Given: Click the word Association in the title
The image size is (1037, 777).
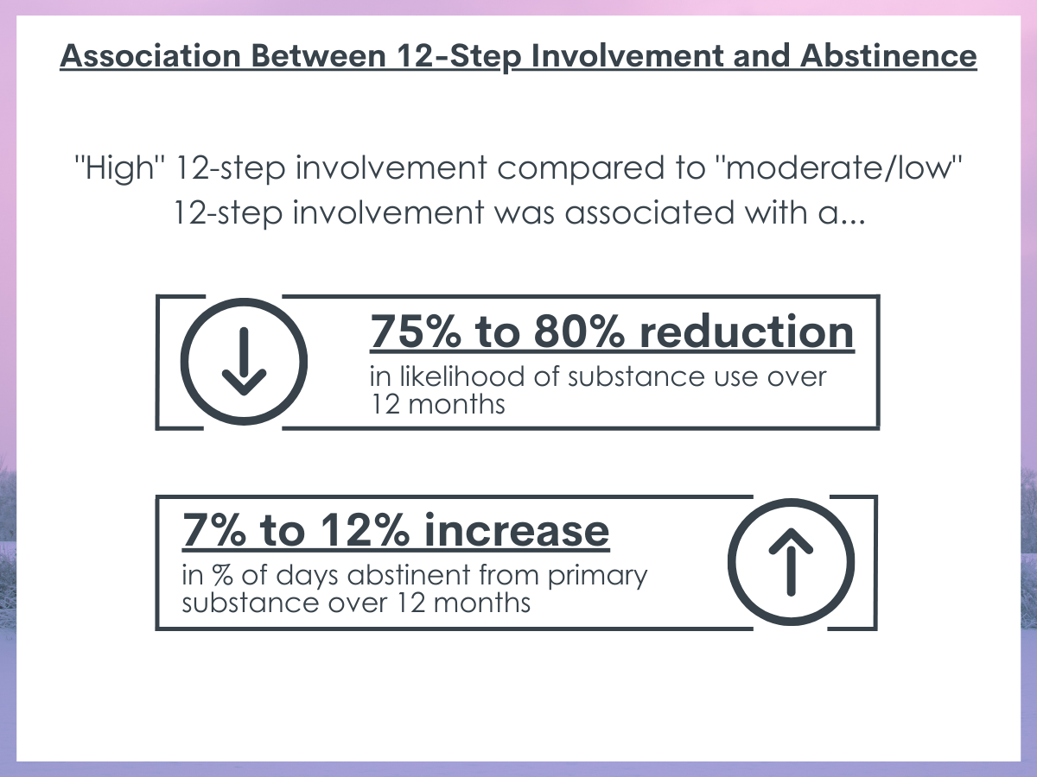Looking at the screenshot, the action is pyautogui.click(x=150, y=55).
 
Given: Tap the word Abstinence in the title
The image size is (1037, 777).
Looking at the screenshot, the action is pyautogui.click(x=888, y=55).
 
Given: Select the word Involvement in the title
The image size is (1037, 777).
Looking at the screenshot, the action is pyautogui.click(x=627, y=55).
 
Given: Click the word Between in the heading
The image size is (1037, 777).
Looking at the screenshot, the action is pyautogui.click(x=318, y=55).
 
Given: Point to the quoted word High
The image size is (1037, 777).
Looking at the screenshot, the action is pyautogui.click(x=115, y=168).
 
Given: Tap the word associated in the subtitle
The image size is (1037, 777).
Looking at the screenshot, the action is pyautogui.click(x=650, y=212).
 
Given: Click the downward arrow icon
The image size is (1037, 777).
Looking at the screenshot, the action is pyautogui.click(x=244, y=362).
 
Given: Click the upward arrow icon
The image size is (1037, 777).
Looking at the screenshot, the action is pyautogui.click(x=792, y=562).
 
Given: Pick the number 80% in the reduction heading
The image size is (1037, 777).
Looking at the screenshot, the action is pyautogui.click(x=579, y=332).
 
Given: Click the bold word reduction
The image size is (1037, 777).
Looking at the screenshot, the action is pyautogui.click(x=747, y=332).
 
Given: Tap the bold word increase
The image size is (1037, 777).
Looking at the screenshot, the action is pyautogui.click(x=517, y=531).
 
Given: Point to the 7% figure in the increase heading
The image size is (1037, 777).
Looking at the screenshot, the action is pyautogui.click(x=214, y=531).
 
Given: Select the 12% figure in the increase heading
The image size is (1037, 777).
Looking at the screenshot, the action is pyautogui.click(x=365, y=531).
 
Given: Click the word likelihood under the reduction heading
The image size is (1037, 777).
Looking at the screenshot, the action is pyautogui.click(x=462, y=377).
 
